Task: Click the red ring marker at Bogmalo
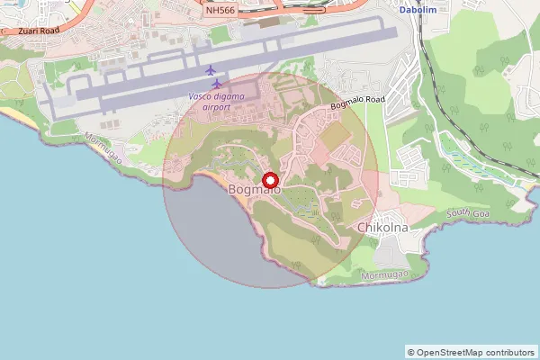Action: point(269,179)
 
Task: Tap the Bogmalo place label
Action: point(255,191)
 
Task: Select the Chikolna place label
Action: point(383,228)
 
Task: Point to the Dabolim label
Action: point(417,10)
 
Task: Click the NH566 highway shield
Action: point(220,10)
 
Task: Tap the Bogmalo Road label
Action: point(357,103)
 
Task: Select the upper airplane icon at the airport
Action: point(211,70)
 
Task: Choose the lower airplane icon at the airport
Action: point(216,84)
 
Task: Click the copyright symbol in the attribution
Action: point(411,352)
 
